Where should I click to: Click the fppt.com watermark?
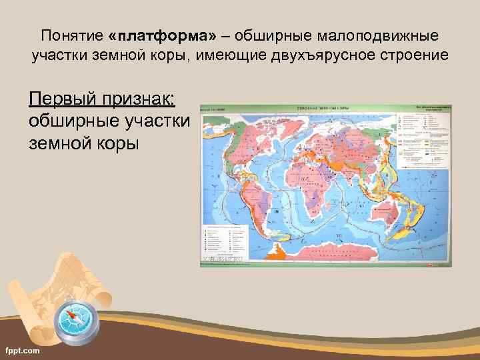point(21,350)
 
